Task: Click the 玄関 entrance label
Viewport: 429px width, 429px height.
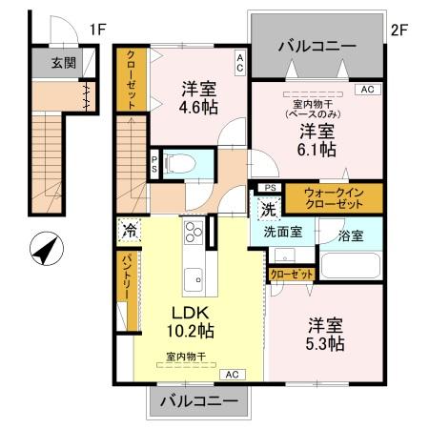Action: pos(64,63)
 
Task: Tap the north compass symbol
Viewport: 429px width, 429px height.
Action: pos(47,249)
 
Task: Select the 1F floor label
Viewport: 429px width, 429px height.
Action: pos(97,30)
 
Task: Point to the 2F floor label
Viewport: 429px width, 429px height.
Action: pos(399,31)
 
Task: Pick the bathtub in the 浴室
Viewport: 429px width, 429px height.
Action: pos(351,266)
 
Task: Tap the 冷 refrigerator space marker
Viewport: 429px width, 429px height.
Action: pos(130,230)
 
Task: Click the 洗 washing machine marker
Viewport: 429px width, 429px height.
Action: pos(269,209)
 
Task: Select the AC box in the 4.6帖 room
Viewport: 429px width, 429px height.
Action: pos(240,63)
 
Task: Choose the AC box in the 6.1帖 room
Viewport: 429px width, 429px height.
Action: pos(368,90)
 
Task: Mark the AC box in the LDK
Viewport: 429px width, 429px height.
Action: pos(233,375)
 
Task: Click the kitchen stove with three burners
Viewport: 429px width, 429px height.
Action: pos(194,232)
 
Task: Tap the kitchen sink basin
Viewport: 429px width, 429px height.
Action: pos(194,279)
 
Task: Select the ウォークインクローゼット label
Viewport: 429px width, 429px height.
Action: pos(334,198)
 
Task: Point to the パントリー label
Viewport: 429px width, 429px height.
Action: pos(128,276)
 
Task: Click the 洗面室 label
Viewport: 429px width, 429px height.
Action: pos(283,232)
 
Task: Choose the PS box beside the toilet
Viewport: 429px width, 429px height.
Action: pos(154,164)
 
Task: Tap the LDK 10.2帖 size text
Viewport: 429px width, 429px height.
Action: pos(191,322)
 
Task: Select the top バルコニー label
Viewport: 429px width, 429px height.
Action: pos(317,47)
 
